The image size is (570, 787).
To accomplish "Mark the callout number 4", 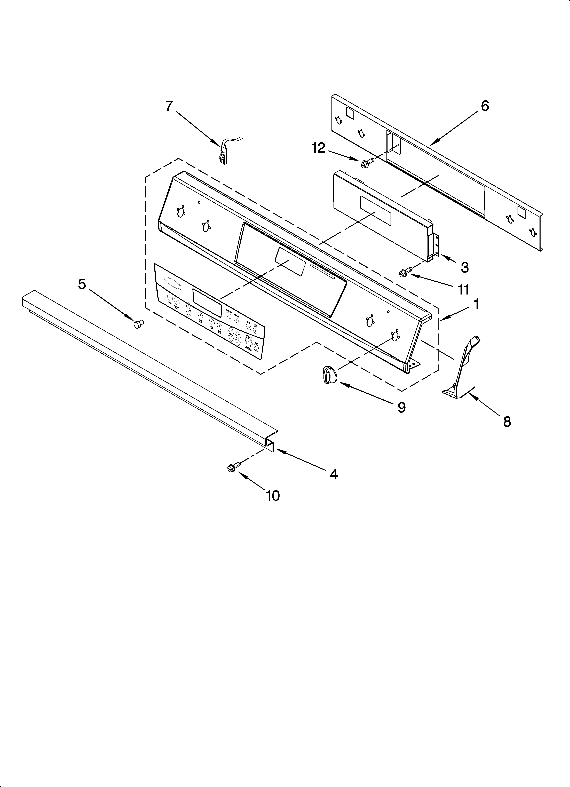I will pyautogui.click(x=334, y=474).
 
